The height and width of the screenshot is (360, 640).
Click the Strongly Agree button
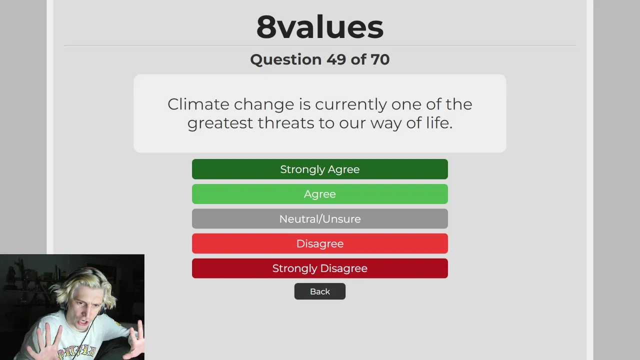(319, 169)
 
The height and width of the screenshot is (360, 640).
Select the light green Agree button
(319, 194)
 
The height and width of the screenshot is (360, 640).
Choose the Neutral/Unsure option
(319, 219)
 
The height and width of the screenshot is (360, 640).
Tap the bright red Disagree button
(319, 243)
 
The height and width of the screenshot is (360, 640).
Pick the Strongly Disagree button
(319, 268)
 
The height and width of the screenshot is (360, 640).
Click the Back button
(319, 291)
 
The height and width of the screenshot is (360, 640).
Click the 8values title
(319, 27)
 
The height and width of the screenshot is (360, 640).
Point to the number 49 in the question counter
(336, 59)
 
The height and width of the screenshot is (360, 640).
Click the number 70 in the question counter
(380, 59)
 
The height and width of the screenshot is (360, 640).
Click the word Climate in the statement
(198, 104)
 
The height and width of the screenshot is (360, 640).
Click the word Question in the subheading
(285, 59)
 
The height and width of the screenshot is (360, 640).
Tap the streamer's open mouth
(83, 322)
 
